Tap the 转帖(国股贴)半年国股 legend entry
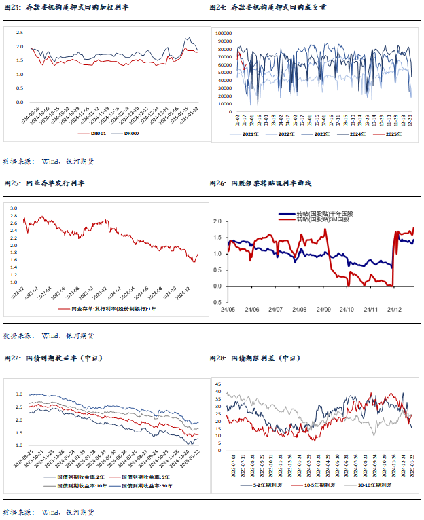(x=325, y=213)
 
